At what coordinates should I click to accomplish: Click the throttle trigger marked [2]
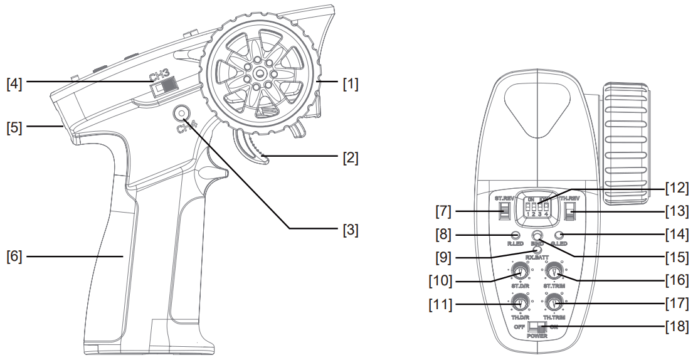pyautogui.click(x=253, y=148)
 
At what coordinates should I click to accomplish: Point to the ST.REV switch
pyautogui.click(x=504, y=211)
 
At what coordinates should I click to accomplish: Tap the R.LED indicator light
pyautogui.click(x=516, y=235)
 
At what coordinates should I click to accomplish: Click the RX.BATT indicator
pyautogui.click(x=536, y=250)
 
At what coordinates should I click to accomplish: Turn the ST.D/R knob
pyautogui.click(x=519, y=272)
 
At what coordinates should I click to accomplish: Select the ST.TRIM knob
pyautogui.click(x=553, y=272)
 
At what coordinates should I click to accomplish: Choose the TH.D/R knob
pyautogui.click(x=519, y=304)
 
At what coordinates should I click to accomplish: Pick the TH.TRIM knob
pyautogui.click(x=553, y=304)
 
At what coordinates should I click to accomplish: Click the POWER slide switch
pyautogui.click(x=536, y=327)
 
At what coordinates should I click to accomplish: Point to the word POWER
pyautogui.click(x=536, y=337)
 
